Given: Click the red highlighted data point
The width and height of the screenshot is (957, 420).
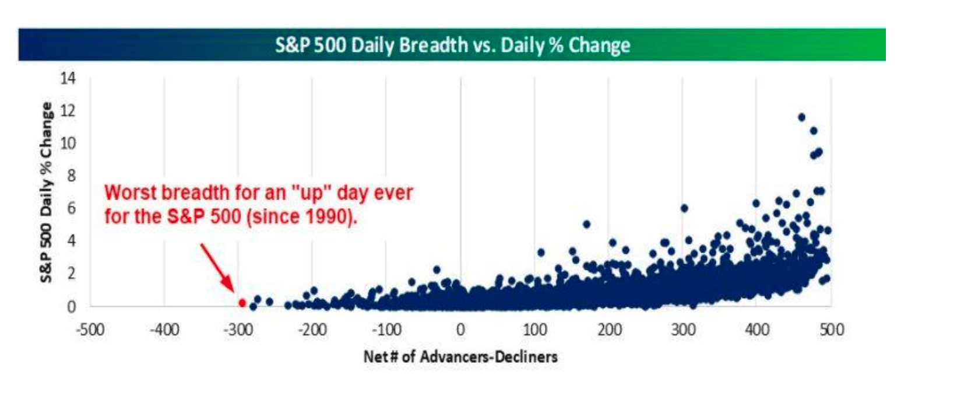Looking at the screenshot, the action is coord(242,303).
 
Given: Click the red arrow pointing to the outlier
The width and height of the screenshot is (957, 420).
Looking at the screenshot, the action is coord(217,268).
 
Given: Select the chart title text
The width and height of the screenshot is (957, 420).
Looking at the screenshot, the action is coord(452,45).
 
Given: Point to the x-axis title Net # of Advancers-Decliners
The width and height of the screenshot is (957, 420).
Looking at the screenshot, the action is coord(460,356).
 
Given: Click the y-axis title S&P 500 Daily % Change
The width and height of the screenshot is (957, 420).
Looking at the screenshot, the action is coord(46,192).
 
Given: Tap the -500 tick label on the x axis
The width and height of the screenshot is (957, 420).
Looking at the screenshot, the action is coord(90,330).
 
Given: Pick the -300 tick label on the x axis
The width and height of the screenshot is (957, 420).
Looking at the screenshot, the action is coord(238,330).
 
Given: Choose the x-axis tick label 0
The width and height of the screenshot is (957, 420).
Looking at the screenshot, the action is coord(460,330).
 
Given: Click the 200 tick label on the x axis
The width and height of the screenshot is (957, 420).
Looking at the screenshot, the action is coord(609,330).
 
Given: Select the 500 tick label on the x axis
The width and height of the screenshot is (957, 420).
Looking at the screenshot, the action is coord(832,330).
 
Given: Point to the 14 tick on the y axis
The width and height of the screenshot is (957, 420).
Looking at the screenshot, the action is coord(68,78).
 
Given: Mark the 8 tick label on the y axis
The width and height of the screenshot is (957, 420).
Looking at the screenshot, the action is coord(71,176).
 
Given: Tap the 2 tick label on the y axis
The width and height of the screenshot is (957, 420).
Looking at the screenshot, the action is coord(71,273).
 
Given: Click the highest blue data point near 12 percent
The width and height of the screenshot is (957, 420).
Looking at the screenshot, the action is coord(801,117).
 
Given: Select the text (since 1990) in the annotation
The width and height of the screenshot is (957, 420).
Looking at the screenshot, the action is coord(302,217).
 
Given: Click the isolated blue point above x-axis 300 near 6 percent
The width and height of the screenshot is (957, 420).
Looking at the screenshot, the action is coord(684,208).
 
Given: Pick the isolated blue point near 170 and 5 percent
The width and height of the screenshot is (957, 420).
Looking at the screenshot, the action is coord(586,224).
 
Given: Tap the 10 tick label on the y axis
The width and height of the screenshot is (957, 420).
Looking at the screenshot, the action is coord(68,143).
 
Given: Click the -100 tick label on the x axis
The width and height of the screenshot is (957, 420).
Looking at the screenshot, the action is coord(386,330).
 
